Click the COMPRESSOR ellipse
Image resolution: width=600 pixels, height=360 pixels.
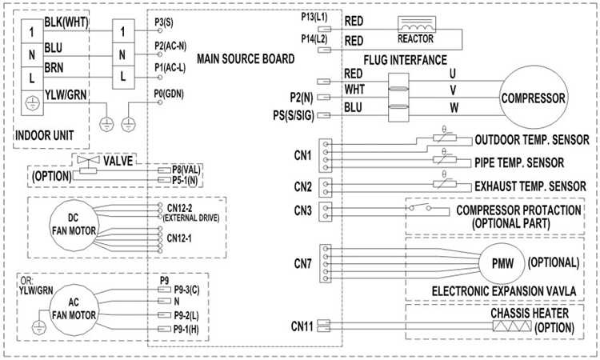tap(534, 99)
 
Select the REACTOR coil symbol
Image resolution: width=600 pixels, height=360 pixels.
tap(420, 27)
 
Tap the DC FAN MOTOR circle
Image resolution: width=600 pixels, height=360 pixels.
tap(72, 223)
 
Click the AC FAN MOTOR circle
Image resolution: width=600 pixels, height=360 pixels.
tap(72, 306)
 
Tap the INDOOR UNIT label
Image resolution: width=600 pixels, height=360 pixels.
tap(46, 135)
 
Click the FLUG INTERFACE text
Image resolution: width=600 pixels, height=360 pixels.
tap(405, 61)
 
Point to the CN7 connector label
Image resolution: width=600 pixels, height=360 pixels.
tap(301, 262)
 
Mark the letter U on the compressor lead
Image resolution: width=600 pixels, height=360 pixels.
tap(453, 73)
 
